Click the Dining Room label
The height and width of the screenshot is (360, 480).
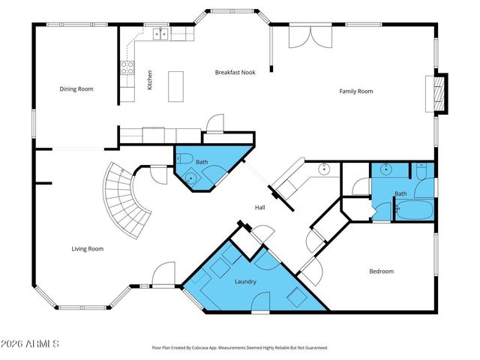76,89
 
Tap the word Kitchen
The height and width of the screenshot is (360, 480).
150,80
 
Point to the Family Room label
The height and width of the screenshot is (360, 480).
355,91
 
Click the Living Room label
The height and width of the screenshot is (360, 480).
87,249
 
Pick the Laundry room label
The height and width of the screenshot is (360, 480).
246,282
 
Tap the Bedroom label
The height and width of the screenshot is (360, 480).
381,271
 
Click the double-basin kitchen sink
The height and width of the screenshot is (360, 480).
160,33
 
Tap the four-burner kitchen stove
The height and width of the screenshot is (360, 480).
127,70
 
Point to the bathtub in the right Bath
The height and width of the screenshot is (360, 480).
413,211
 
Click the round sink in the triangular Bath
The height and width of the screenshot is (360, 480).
191,178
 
